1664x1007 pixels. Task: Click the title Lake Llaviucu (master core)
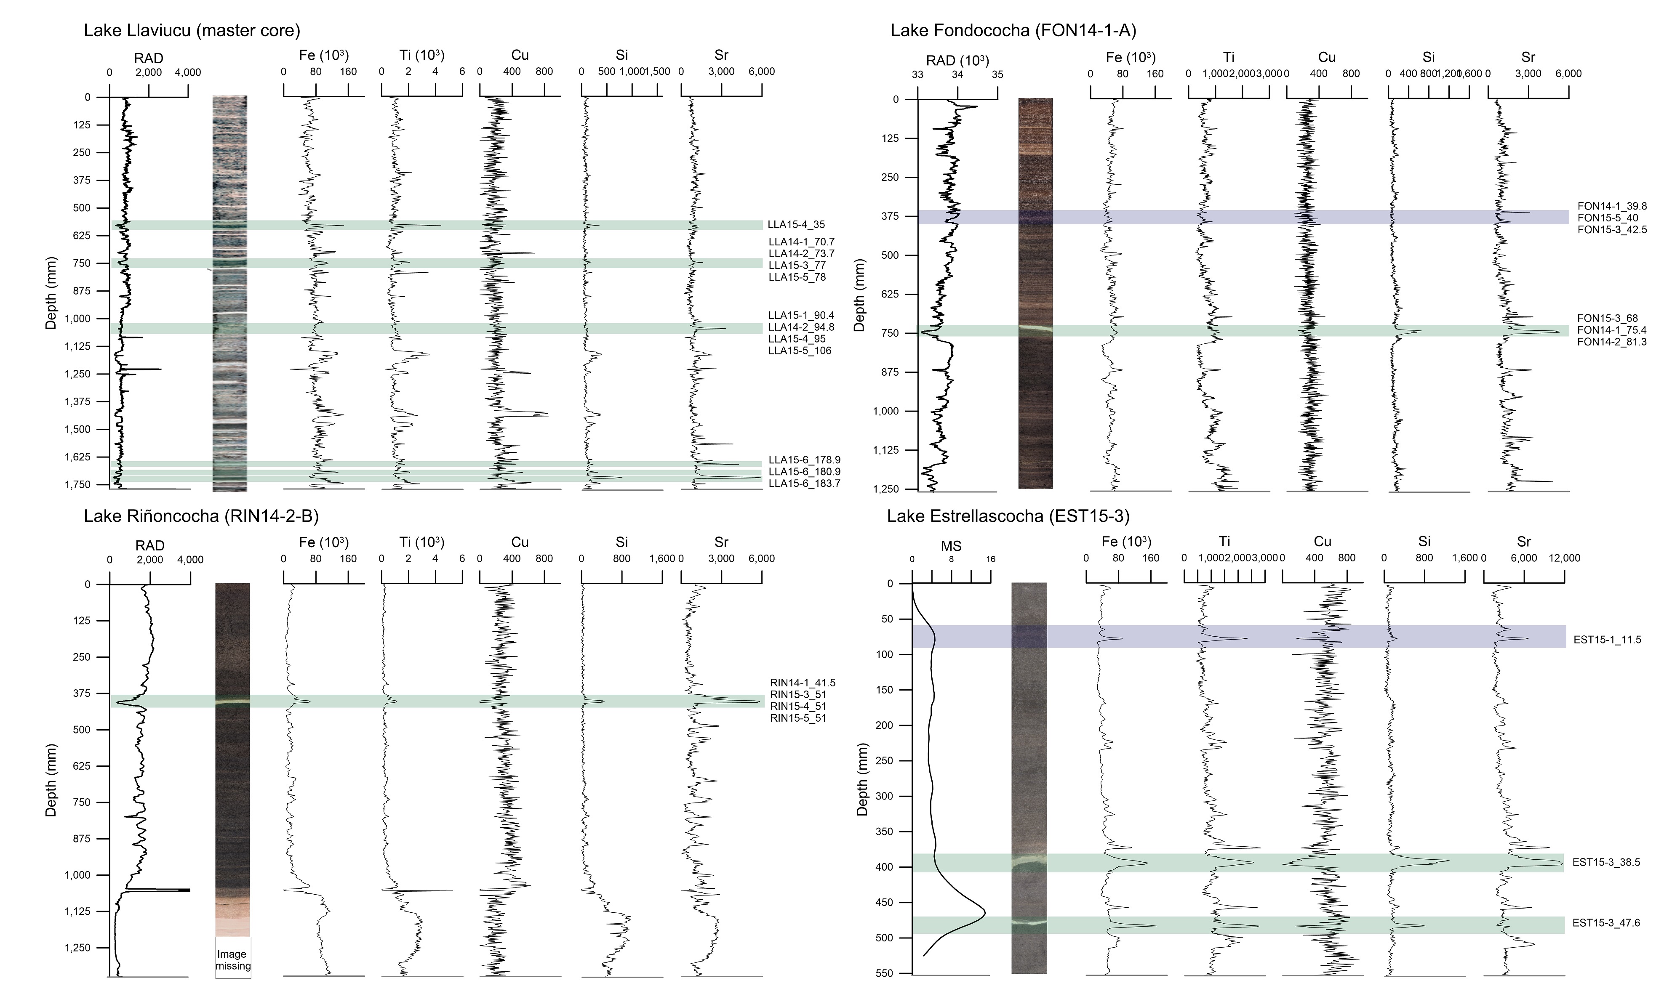pos(192,30)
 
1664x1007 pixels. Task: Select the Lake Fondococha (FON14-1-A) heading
pos(1013,30)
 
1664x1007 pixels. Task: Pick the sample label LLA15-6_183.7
pos(804,483)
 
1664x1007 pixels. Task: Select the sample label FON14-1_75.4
pos(1611,330)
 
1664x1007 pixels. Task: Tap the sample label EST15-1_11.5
pos(1607,640)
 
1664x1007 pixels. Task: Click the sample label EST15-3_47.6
pos(1606,923)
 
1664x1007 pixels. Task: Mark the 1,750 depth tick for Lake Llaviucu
pos(77,485)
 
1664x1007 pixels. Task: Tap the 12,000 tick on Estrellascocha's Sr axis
pos(1564,558)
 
